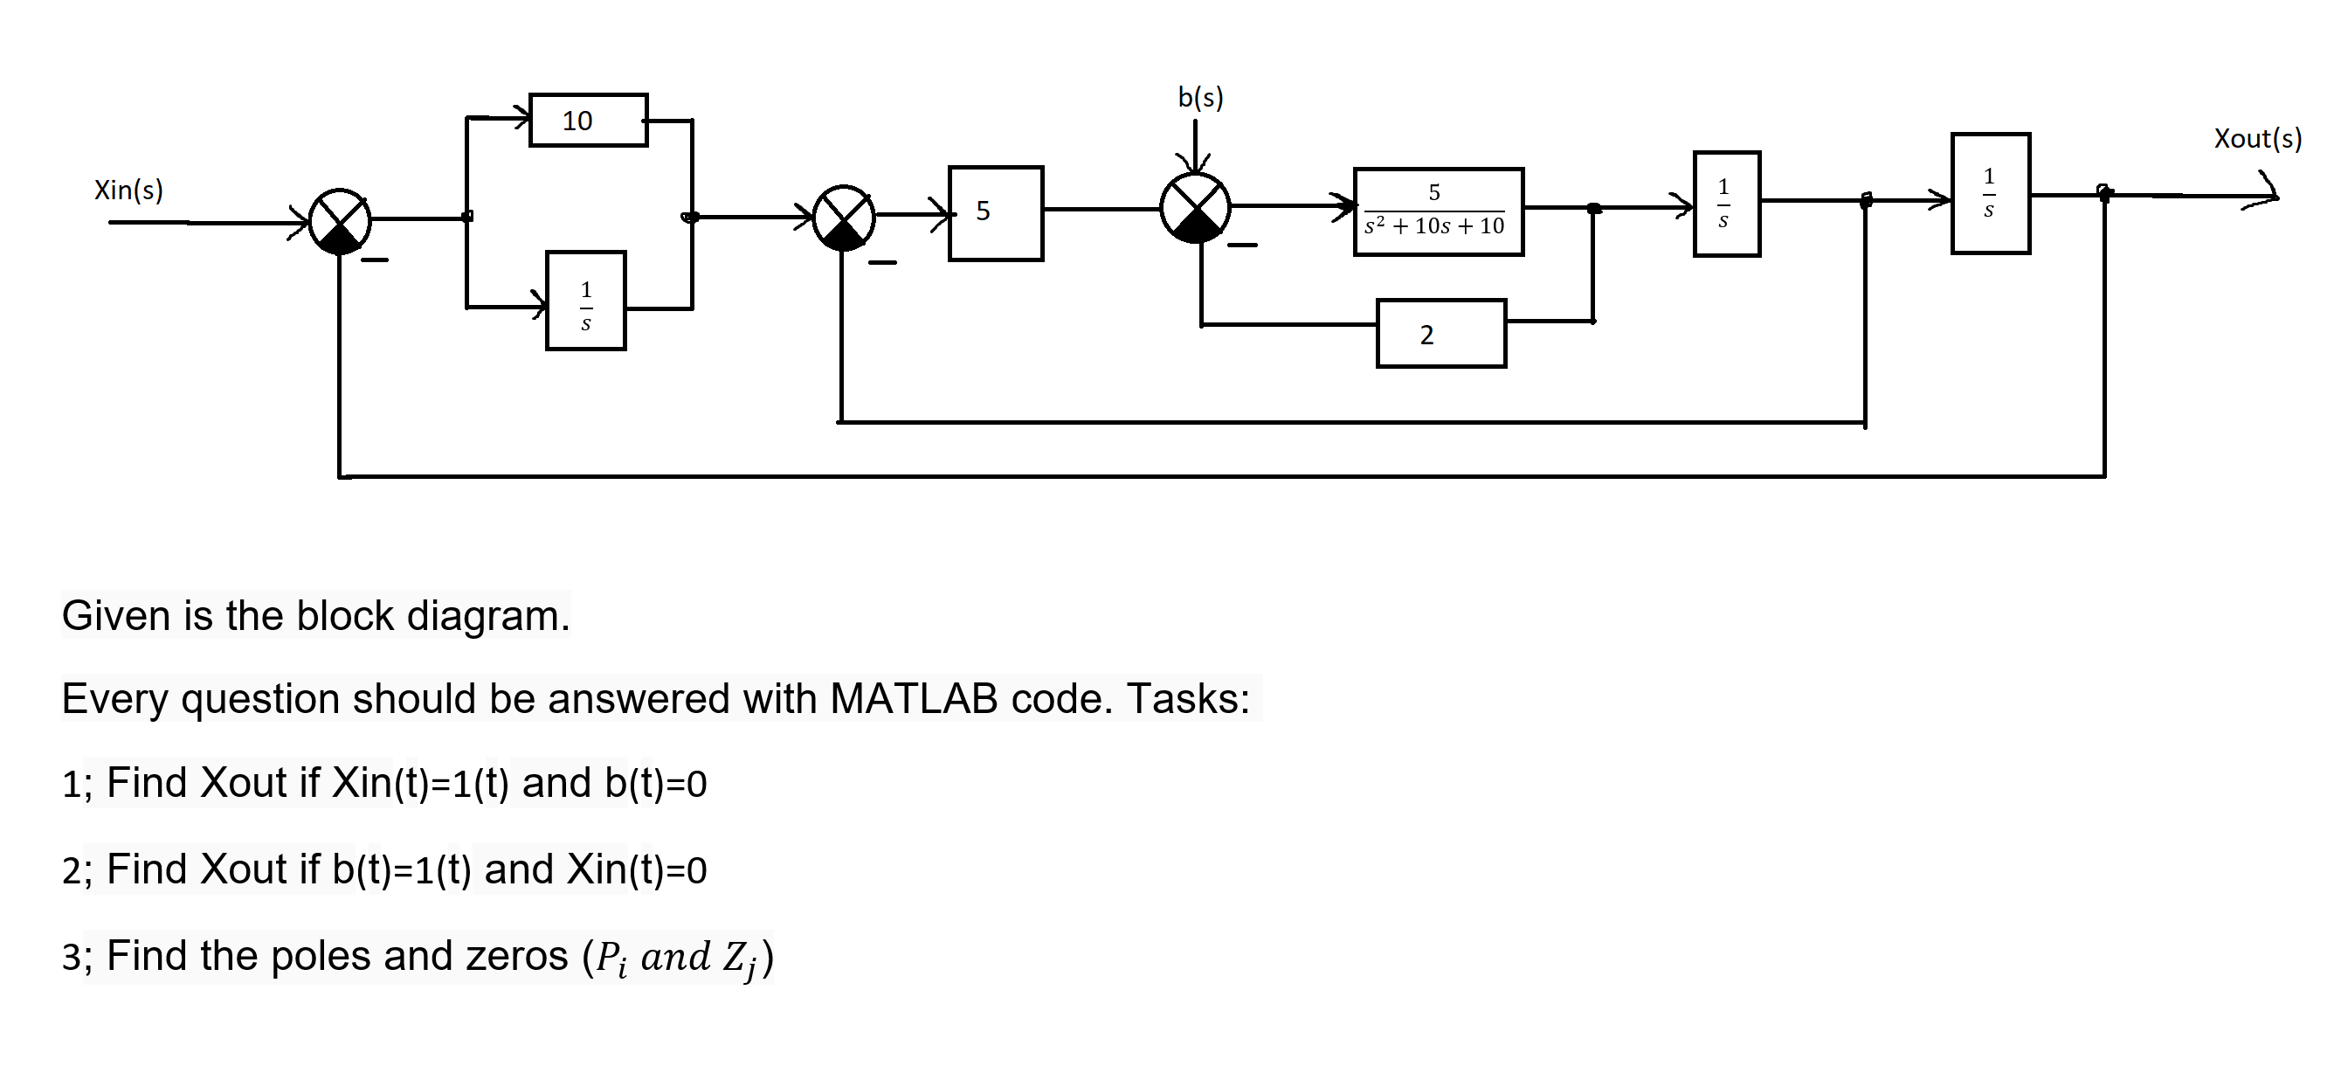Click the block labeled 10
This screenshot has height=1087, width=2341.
point(588,120)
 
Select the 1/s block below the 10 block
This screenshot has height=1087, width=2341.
point(585,301)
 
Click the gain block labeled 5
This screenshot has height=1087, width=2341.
point(995,213)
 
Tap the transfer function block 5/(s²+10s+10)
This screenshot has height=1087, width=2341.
point(1438,211)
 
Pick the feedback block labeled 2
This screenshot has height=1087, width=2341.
point(1440,334)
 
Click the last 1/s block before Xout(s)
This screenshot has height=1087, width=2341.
point(1989,194)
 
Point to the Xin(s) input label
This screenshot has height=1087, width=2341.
point(128,190)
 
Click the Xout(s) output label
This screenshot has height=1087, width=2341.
point(2256,139)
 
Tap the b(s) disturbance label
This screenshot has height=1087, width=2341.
point(1199,97)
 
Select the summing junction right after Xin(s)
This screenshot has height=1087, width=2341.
point(340,222)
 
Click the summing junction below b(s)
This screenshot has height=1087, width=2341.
point(1195,208)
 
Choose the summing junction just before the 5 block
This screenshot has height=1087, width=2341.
point(843,218)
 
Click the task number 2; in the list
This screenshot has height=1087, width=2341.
point(76,870)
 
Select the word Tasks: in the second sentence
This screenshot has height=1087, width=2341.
point(1188,699)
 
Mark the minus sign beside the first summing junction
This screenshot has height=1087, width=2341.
point(375,260)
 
